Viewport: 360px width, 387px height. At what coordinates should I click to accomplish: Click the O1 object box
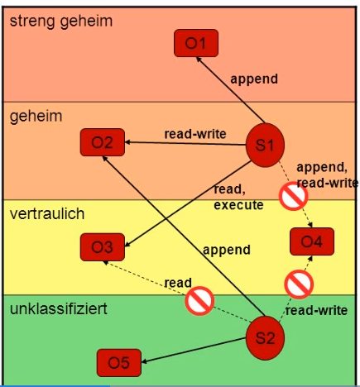pos(196,43)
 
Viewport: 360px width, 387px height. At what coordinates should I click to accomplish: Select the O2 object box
pos(103,142)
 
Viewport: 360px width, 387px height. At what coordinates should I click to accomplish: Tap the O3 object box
pos(103,247)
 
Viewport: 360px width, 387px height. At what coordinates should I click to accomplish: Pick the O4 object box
pos(312,241)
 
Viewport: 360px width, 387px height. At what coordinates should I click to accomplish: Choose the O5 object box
pos(119,363)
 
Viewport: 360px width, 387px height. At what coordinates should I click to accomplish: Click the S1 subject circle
pos(265,145)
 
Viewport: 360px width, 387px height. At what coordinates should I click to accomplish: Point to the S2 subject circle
pos(265,338)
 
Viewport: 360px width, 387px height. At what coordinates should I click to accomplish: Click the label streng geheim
pos(61,21)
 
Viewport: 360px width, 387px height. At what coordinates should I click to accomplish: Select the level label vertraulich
pos(47,213)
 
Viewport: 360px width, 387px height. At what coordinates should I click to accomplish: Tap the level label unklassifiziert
pos(59,308)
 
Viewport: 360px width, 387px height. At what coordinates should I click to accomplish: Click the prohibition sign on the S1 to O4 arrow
pos(294,196)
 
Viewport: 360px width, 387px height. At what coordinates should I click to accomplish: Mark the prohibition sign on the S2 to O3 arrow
pos(199,301)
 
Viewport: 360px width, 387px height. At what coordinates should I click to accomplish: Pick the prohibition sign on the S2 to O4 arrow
pos(299,284)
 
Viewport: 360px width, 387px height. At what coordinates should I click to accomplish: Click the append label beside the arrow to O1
pos(254,79)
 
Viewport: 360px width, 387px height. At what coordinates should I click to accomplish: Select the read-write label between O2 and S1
pos(195,134)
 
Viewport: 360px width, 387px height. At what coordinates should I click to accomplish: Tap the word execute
pos(238,205)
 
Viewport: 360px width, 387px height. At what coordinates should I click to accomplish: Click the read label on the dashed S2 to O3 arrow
pos(178,283)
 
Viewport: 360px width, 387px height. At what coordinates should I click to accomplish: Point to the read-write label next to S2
pos(316,310)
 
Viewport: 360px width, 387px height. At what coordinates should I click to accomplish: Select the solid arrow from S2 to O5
pos(194,350)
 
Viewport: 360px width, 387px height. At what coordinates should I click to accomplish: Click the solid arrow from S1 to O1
pos(230,90)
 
